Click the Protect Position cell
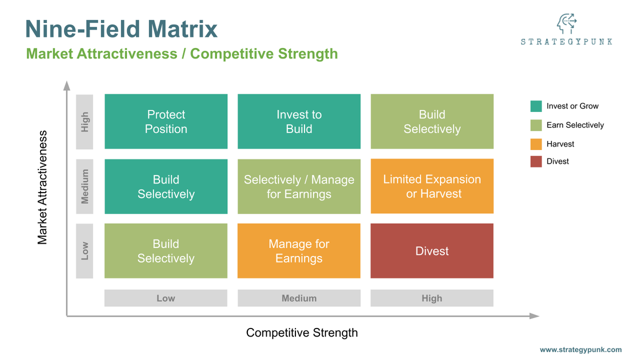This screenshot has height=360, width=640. pos(166,122)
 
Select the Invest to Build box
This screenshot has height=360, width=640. pos(299,122)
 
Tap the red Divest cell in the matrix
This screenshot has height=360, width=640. pos(432,251)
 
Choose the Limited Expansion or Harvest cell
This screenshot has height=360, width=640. pos(432,186)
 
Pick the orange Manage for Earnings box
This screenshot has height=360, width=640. pos(299,251)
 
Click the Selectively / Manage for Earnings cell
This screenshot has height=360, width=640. pos(299,186)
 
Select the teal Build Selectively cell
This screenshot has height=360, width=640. pos(166,186)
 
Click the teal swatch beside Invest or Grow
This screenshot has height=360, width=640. pos(536,106)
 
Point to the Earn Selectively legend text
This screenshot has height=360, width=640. pos(575,125)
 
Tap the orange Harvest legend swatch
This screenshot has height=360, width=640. pos(536,144)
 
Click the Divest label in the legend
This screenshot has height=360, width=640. pos(557,161)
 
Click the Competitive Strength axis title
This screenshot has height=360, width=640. pos(302,333)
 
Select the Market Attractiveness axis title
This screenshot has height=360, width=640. pos(43,187)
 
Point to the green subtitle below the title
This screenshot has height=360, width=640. pos(182,54)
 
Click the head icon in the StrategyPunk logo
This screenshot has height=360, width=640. pos(566,24)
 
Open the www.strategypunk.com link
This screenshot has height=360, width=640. pos(580,350)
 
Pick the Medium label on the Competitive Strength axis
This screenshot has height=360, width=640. pos(299,298)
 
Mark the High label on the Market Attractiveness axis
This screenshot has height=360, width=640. pos(85,122)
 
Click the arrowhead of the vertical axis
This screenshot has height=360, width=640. pos(67,85)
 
